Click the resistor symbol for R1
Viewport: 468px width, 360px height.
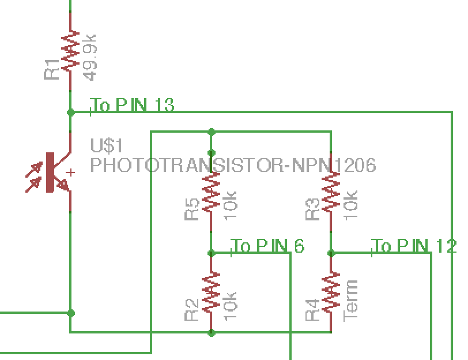coord(71,51)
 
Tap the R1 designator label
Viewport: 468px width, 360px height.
coord(52,69)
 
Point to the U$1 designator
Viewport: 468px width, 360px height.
coord(107,145)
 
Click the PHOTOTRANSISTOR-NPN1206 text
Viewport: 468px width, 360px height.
coord(233,165)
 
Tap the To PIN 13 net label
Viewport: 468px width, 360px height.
coord(133,106)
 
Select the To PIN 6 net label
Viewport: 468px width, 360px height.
coord(268,246)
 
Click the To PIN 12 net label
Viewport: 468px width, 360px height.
coord(414,246)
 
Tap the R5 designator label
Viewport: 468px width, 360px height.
coord(192,209)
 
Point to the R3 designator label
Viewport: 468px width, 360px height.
coord(312,209)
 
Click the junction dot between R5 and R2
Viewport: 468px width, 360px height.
coord(212,253)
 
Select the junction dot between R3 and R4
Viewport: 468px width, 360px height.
coord(331,253)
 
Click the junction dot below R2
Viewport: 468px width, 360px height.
coord(212,332)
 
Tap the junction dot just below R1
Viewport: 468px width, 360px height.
coord(71,112)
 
